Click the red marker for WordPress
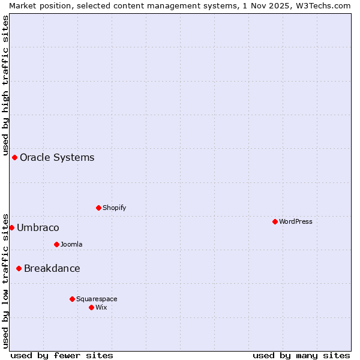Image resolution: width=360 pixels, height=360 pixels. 275,221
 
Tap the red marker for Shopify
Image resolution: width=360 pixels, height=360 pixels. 98,208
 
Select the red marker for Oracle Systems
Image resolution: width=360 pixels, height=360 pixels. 14,157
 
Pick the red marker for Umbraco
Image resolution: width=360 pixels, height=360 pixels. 11,227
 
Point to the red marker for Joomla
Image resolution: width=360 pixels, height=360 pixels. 56,244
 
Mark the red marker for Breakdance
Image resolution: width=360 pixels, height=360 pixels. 19,268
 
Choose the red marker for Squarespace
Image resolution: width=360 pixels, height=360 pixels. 72,299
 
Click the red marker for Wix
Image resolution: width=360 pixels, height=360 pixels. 91,307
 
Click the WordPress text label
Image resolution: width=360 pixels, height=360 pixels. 296,221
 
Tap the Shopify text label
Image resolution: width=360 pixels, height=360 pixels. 114,208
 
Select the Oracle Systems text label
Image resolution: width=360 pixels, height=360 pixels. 57,157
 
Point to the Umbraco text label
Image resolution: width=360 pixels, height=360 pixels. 38,227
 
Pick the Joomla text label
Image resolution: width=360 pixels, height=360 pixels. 71,244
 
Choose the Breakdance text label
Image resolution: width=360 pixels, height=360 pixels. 52,268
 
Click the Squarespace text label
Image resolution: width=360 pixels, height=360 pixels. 97,299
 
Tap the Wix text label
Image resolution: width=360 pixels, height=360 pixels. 101,307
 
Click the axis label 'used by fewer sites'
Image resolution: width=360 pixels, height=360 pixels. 62,355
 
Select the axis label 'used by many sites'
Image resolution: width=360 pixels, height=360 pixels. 301,355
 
